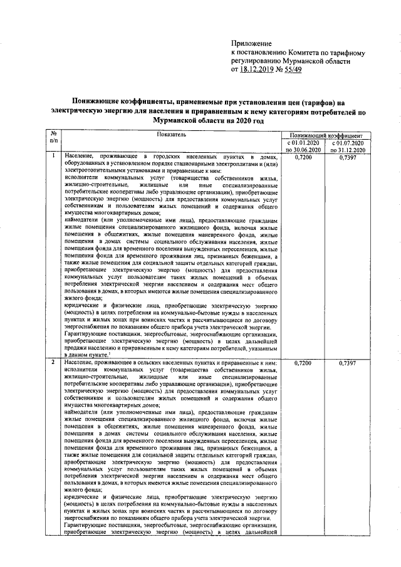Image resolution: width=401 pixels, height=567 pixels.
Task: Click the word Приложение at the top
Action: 251,42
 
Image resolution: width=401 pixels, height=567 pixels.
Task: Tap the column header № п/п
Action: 54,138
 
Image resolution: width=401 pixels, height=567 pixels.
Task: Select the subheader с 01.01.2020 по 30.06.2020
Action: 305,147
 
